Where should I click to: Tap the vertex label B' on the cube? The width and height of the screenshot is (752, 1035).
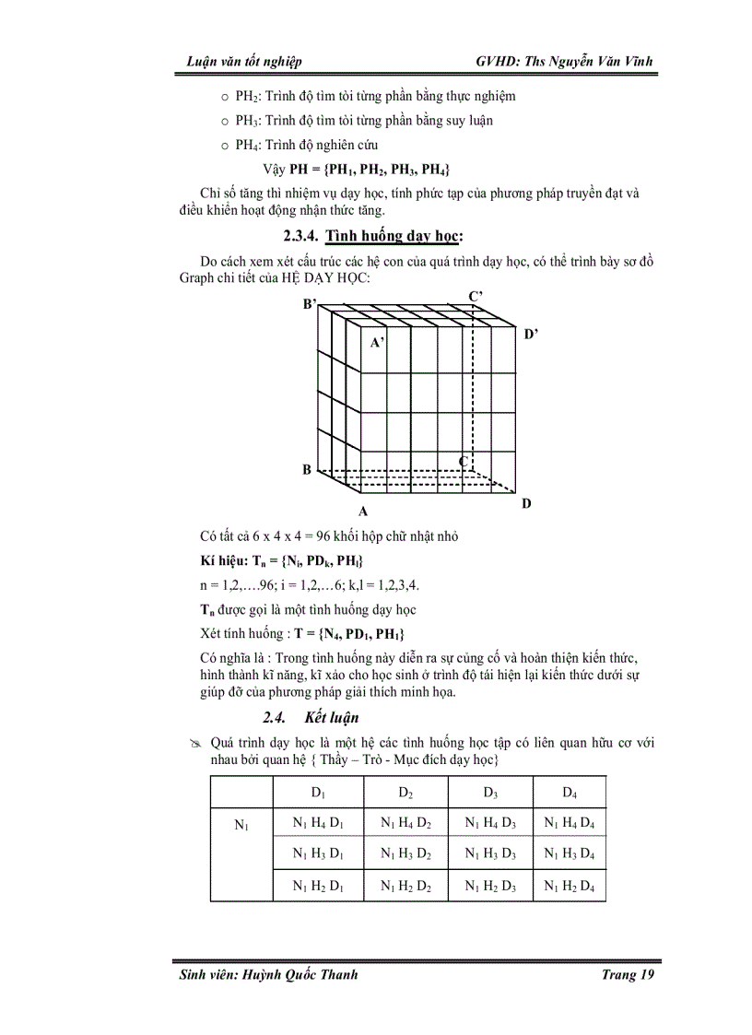(x=310, y=303)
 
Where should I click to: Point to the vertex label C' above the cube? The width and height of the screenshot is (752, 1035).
(x=476, y=296)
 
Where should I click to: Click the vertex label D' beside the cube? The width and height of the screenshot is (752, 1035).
(x=531, y=335)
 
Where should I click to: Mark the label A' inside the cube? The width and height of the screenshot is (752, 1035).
(x=377, y=343)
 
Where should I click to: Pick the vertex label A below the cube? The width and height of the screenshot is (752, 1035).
(x=364, y=511)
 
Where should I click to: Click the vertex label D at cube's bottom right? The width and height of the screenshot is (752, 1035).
(x=526, y=503)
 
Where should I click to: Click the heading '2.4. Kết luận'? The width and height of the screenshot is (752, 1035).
(x=311, y=717)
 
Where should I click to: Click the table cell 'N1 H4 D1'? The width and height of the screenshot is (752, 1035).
(x=318, y=823)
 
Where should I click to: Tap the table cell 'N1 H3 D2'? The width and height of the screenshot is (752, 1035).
(x=405, y=854)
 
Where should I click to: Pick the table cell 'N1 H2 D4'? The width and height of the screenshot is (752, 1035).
(x=569, y=886)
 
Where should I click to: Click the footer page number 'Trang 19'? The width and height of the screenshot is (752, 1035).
(x=624, y=975)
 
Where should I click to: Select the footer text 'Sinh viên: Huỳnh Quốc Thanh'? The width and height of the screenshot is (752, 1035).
(x=268, y=975)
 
